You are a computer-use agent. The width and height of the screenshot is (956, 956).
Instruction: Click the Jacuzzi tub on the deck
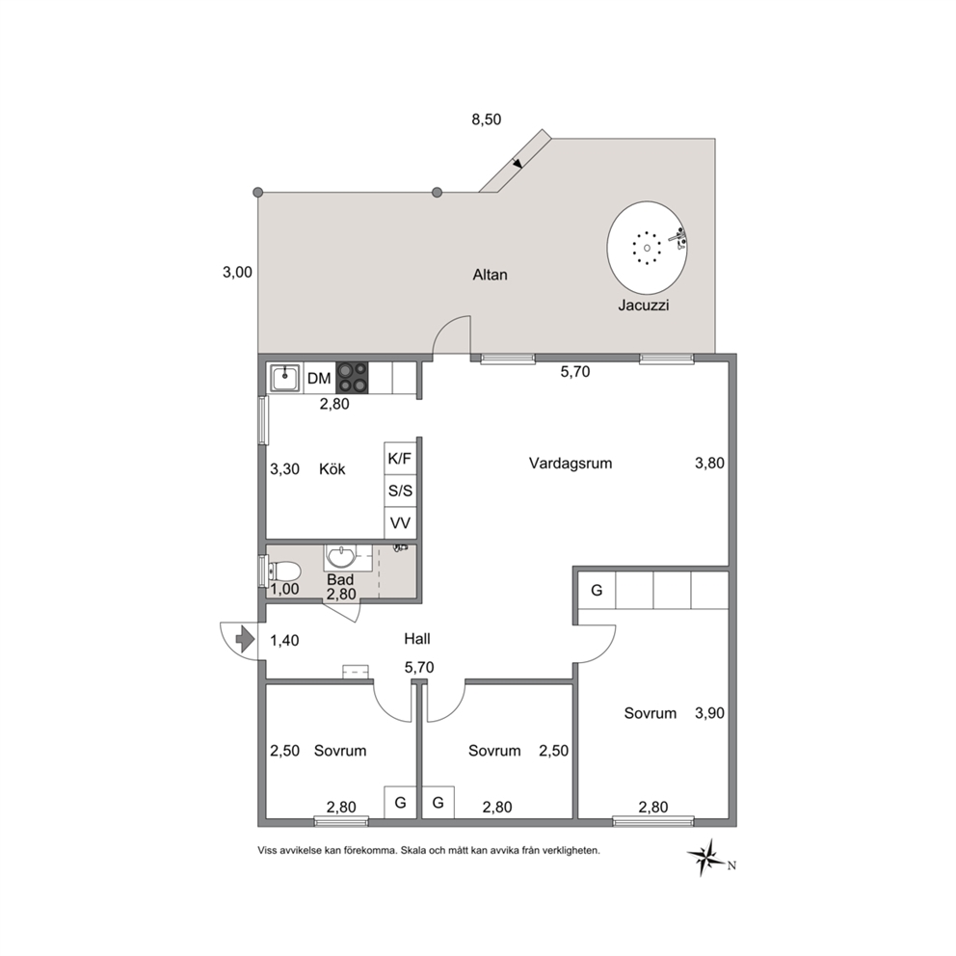pos(647,247)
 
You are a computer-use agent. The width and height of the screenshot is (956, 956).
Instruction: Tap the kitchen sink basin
pos(284,378)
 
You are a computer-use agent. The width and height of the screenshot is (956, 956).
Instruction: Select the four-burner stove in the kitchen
pos(353,378)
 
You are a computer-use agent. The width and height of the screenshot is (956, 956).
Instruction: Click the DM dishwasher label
pos(319,379)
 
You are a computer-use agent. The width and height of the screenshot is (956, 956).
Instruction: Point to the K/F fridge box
pos(400,459)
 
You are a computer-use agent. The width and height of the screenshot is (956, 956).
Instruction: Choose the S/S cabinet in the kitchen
pos(400,491)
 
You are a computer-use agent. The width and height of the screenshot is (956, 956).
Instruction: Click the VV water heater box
pos(400,522)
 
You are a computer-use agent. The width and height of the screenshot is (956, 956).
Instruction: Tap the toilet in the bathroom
pos(284,571)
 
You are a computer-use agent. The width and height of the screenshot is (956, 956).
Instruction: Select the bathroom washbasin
pos(341,556)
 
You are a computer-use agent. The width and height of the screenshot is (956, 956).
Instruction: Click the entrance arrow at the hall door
pos(245,639)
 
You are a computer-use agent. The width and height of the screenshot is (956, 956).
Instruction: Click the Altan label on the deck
pos(490,275)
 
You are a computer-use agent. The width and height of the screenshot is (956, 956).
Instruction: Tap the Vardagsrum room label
pos(571,464)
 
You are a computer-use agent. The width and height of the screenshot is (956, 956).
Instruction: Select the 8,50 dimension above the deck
pos(486,119)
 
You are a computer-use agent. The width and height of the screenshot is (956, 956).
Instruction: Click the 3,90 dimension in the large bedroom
pos(709,713)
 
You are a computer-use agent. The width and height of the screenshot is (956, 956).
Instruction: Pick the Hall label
pos(417,639)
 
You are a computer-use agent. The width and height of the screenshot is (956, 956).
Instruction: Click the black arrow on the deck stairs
pos(517,163)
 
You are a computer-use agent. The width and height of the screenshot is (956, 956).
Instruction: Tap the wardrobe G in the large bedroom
pos(597,590)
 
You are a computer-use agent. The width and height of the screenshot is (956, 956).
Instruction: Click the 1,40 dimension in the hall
pos(284,640)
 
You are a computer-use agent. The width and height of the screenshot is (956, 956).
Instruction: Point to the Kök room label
pos(332,469)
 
